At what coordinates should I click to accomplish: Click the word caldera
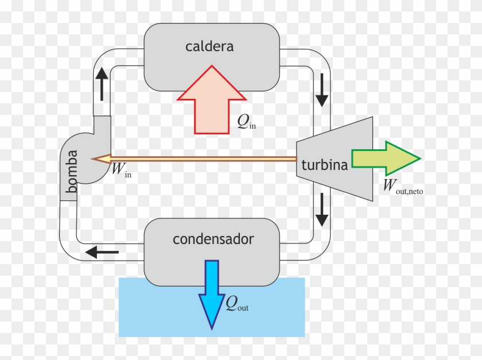[x=209, y=47]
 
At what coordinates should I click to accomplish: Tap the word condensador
[x=213, y=239]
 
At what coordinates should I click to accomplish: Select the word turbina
[x=325, y=165]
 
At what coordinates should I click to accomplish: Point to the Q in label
[x=246, y=121]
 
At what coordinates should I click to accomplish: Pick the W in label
[x=121, y=169]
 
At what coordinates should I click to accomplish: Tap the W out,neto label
[x=402, y=187]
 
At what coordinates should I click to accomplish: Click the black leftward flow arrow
[x=102, y=251]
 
